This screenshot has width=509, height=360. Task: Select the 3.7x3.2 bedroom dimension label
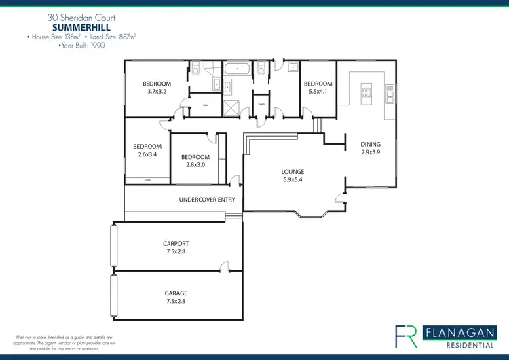tap(156, 91)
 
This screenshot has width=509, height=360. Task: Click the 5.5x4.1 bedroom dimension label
tap(318, 91)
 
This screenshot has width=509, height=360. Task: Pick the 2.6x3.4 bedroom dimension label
tap(147, 154)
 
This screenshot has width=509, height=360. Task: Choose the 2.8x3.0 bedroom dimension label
tap(194, 165)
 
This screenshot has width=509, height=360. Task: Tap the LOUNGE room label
tap(293, 172)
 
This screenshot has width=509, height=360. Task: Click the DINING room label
tap(371, 144)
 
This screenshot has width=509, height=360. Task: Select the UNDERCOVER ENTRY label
tap(207, 200)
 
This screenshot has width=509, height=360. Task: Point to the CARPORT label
tap(175, 243)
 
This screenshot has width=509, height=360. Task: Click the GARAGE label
tap(175, 293)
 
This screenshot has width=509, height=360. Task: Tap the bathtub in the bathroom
tap(236, 69)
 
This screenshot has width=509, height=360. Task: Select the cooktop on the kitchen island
tap(366, 94)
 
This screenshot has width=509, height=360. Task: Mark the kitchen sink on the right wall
tap(390, 93)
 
